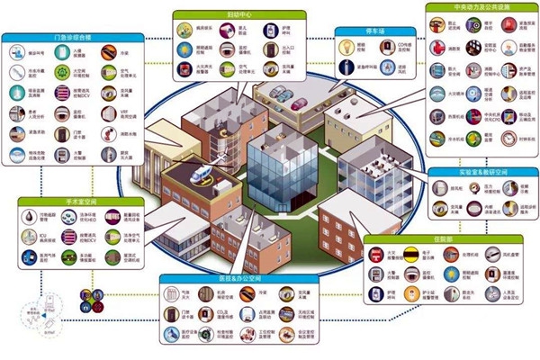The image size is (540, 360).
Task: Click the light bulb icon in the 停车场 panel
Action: (x=347, y=49)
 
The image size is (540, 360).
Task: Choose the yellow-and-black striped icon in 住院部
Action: (x=418, y=256)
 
